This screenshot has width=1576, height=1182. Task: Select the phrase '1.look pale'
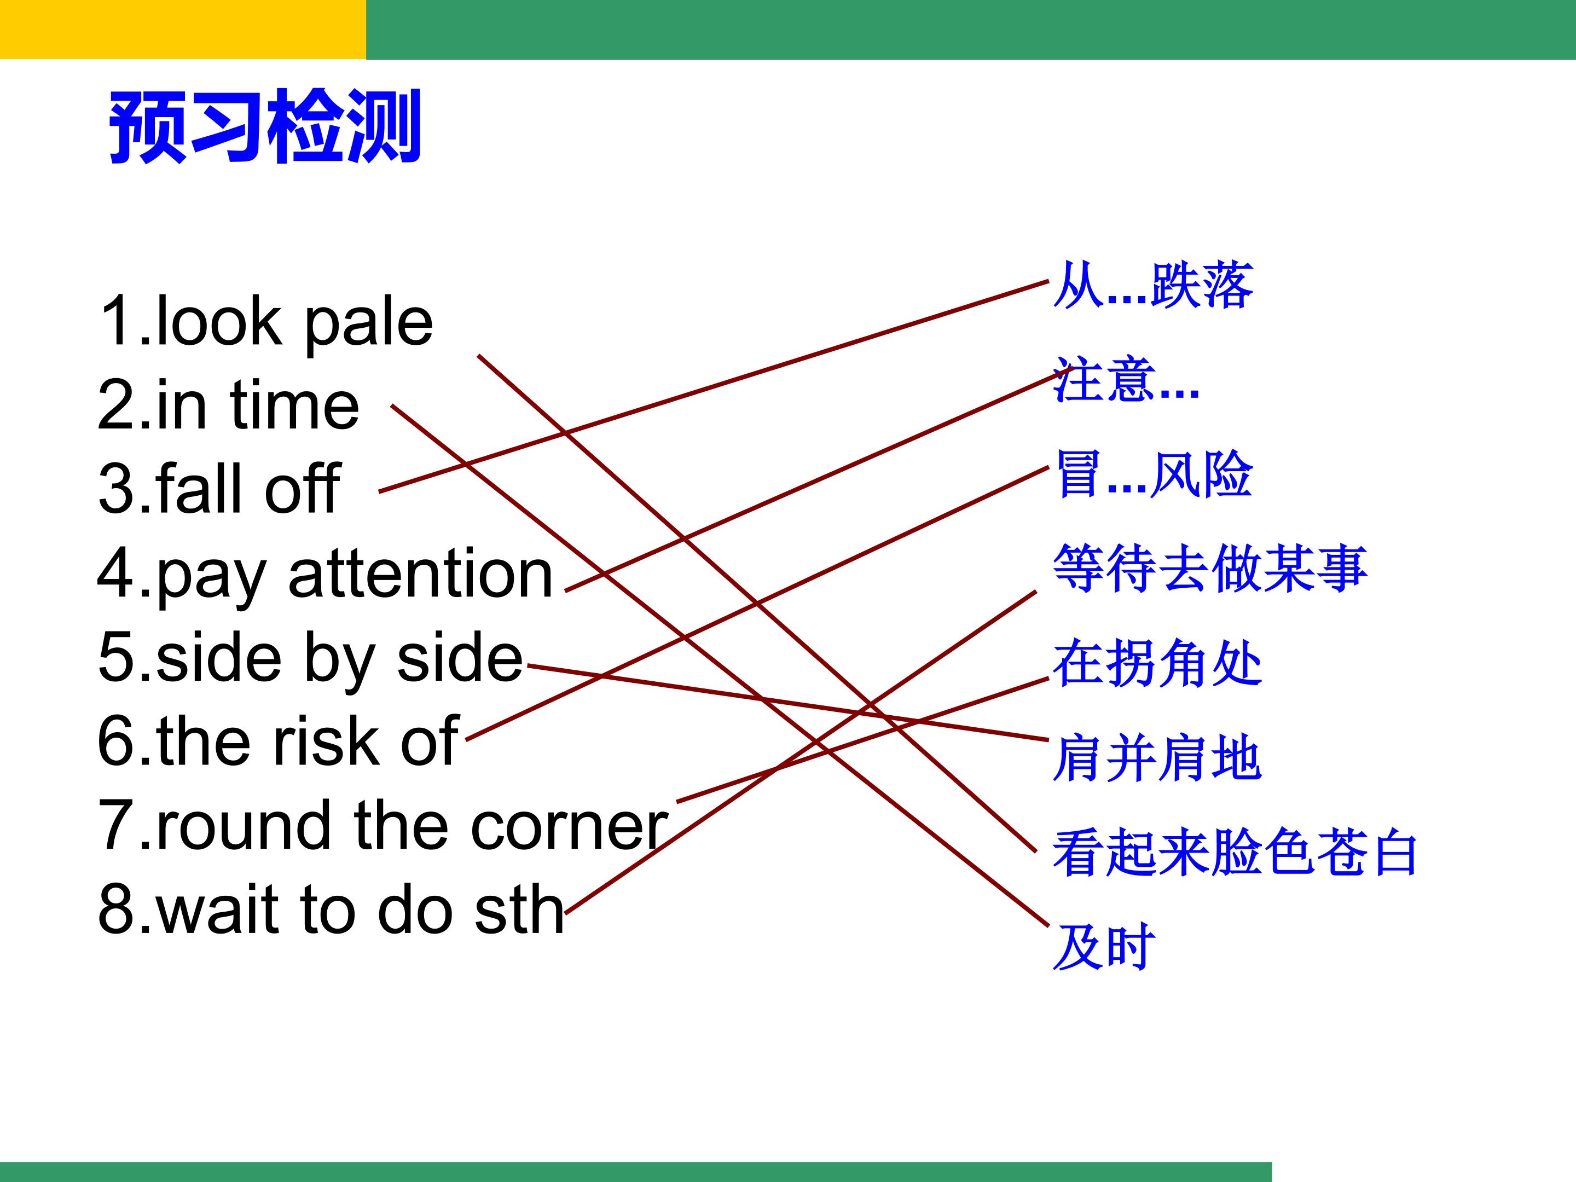266,322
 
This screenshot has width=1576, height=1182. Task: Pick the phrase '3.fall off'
219,488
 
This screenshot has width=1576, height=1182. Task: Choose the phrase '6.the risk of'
279,741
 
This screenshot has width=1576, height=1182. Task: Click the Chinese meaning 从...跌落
1153,286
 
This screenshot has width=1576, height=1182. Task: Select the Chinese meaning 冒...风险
1154,474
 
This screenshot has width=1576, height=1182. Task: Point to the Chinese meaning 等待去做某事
1210,569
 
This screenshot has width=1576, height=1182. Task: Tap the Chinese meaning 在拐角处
1157,663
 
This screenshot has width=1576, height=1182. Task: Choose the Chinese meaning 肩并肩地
1157,758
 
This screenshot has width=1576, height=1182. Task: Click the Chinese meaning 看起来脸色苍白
1236,852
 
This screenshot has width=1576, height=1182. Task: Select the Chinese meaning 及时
1104,947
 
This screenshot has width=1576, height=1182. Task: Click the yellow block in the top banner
183,29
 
